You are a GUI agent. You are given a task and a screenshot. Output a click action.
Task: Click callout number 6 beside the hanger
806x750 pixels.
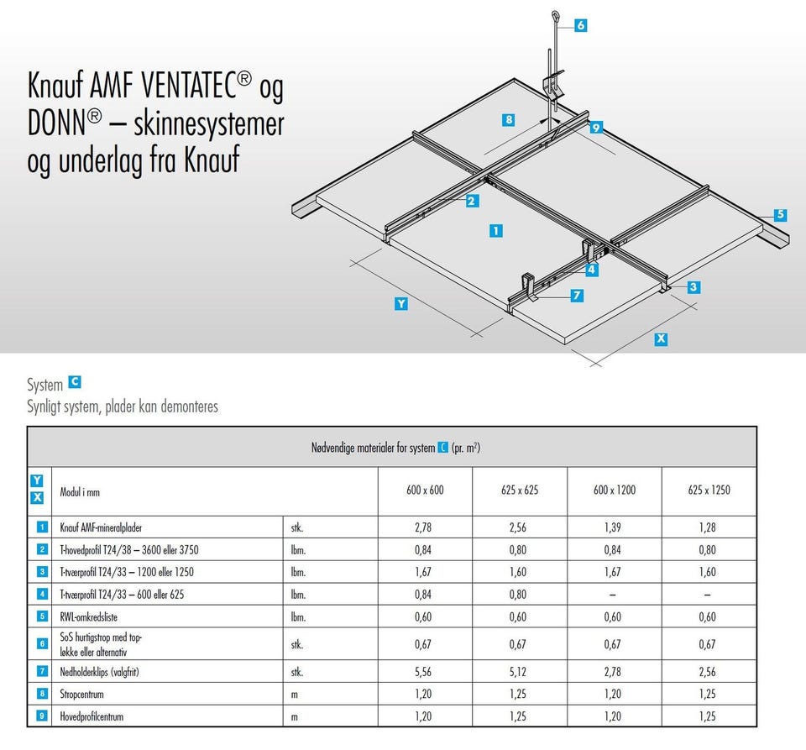pyautogui.click(x=581, y=25)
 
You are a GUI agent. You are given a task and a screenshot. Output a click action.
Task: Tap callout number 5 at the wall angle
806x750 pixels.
pyautogui.click(x=780, y=214)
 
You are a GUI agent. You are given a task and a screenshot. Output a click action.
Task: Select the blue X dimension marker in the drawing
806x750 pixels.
pyautogui.click(x=661, y=338)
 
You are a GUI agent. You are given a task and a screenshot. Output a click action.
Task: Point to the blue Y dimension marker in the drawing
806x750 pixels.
pyautogui.click(x=401, y=304)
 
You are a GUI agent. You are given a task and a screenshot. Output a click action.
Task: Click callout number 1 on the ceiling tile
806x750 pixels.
pyautogui.click(x=496, y=231)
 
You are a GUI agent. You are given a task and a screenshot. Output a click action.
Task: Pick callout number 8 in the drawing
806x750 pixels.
pyautogui.click(x=509, y=120)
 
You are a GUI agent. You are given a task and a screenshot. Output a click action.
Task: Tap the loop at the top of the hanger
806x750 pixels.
pyautogui.click(x=556, y=17)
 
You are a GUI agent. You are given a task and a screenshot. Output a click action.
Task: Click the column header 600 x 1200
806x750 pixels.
pyautogui.click(x=615, y=490)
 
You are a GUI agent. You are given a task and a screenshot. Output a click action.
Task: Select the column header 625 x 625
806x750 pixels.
pyautogui.click(x=520, y=490)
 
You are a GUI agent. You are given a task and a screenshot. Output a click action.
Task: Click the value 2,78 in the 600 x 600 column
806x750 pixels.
pyautogui.click(x=423, y=527)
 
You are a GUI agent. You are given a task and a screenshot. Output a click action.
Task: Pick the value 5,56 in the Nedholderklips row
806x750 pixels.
pyautogui.click(x=423, y=672)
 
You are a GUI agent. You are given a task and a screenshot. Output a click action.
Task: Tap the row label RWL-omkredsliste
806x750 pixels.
pyautogui.click(x=88, y=616)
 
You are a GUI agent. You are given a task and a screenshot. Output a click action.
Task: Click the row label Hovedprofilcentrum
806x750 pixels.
pyautogui.click(x=92, y=716)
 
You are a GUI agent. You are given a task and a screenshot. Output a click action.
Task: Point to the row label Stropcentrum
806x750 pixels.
pyautogui.click(x=81, y=694)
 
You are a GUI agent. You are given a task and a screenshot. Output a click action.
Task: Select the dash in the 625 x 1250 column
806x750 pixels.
pyautogui.click(x=707, y=595)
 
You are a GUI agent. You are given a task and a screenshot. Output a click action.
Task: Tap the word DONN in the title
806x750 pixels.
pyautogui.click(x=56, y=123)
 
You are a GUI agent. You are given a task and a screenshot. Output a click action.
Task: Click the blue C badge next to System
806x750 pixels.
pyautogui.click(x=75, y=382)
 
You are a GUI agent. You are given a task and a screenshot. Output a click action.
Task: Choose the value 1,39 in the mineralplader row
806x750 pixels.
pyautogui.click(x=613, y=527)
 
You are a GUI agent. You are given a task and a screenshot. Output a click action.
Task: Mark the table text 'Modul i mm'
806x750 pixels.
pyautogui.click(x=80, y=492)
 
